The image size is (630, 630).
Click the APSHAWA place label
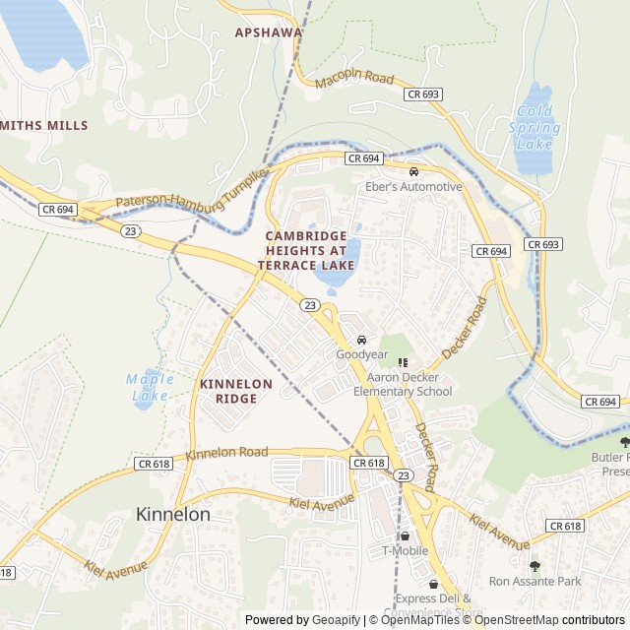point(268,32)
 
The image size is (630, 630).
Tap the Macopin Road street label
point(354,79)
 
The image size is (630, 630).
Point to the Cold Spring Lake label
point(535,127)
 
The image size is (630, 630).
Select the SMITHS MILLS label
point(44,126)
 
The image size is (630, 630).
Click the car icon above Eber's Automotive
point(413,172)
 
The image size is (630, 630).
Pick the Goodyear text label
point(361,354)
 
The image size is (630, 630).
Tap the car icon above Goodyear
point(361,340)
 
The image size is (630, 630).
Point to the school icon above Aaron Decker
point(403,362)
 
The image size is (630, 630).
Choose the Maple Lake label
point(150,387)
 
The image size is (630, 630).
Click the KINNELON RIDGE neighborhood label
point(235,391)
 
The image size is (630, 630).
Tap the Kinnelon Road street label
point(226,453)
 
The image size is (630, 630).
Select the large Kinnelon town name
point(172,514)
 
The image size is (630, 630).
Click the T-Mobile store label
point(405,551)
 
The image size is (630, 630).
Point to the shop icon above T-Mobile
point(405,535)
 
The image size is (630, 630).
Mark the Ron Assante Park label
point(535,582)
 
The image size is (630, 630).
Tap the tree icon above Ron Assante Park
point(535,566)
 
